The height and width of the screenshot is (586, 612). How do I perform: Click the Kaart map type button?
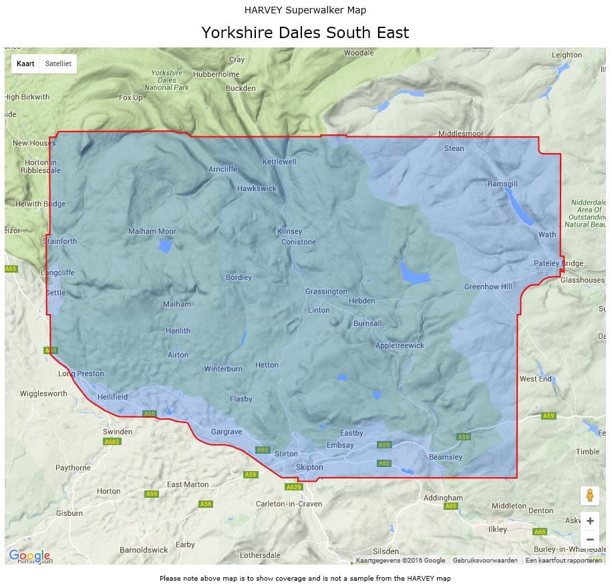click(x=25, y=63)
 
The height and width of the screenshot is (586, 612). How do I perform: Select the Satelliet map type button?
click(x=58, y=63)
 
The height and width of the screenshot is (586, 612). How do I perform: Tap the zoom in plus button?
click(x=590, y=521)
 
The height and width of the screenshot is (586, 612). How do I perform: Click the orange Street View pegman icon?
click(x=590, y=495)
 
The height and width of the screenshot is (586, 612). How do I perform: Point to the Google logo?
click(x=29, y=556)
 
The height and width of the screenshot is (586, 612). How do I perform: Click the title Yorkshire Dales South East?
click(x=305, y=32)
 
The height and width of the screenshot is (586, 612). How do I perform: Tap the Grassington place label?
click(x=326, y=291)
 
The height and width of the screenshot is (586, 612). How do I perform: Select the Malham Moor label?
click(x=152, y=232)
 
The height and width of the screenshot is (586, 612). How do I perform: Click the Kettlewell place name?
click(x=279, y=162)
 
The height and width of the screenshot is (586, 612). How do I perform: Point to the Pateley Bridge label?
click(x=559, y=263)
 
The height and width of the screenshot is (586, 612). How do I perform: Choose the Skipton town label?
click(x=309, y=467)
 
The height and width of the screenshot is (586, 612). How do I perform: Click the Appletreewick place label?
click(x=400, y=345)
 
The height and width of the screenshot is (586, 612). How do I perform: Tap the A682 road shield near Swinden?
click(x=112, y=442)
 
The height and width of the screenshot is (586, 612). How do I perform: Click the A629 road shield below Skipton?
click(x=294, y=487)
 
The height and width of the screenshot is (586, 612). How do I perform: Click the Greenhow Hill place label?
click(x=488, y=287)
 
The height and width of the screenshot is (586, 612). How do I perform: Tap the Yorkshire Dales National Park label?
click(x=167, y=80)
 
